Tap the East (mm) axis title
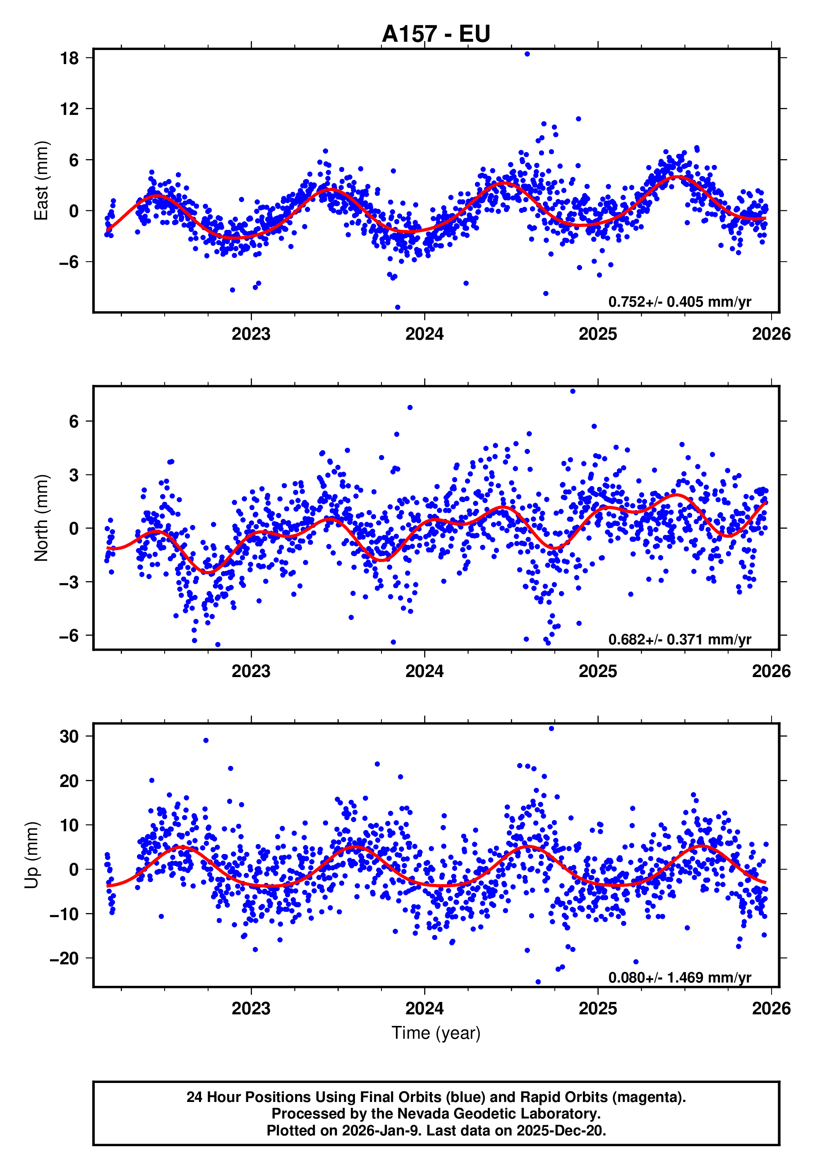point(41,181)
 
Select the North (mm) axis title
point(41,518)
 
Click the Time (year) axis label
point(436,1033)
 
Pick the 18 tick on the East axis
point(70,58)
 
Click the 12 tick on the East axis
point(70,109)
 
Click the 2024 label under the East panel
point(424,334)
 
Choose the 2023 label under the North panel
point(251,671)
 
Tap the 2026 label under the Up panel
point(771,1008)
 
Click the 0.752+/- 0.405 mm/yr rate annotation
point(679,302)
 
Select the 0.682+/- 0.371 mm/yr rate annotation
point(679,639)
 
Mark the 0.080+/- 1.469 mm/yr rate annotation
point(679,977)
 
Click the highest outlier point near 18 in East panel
point(527,54)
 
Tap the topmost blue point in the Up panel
point(551,729)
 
